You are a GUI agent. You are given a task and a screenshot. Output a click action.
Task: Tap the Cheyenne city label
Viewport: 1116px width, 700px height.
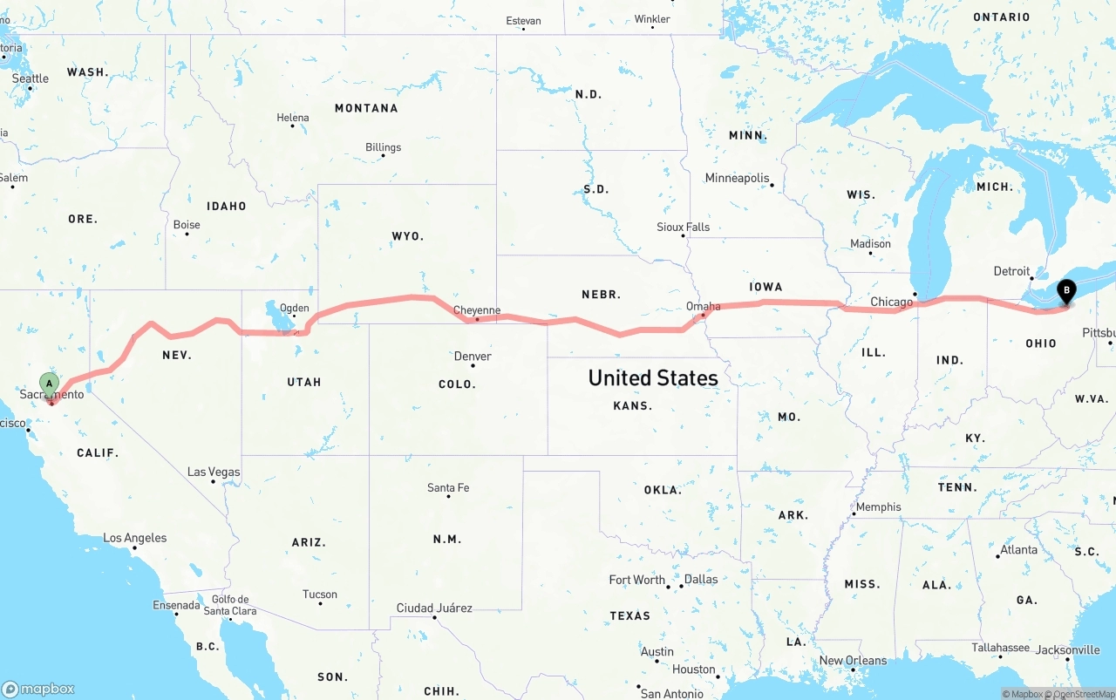(x=477, y=310)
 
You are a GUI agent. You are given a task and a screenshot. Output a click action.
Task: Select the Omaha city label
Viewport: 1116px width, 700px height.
(x=704, y=306)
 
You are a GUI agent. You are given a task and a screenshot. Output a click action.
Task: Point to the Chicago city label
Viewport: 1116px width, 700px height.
(x=891, y=302)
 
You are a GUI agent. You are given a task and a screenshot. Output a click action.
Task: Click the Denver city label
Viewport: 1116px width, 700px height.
(x=473, y=356)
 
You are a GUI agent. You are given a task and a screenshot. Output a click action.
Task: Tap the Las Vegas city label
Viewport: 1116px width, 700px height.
(x=214, y=472)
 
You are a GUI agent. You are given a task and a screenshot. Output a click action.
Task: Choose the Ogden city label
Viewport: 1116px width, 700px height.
(x=294, y=308)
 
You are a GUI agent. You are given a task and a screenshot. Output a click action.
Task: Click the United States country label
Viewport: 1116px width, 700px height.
(x=653, y=377)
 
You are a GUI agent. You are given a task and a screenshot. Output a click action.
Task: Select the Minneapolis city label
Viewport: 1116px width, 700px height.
(x=738, y=178)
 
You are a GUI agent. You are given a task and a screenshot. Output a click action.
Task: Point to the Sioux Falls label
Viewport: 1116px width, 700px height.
(x=684, y=227)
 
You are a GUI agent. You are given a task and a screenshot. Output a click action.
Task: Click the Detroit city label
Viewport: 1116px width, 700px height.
(x=1011, y=271)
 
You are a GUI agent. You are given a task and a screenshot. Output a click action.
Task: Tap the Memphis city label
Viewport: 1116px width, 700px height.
(x=879, y=506)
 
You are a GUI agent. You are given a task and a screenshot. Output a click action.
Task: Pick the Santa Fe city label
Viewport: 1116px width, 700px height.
(x=448, y=487)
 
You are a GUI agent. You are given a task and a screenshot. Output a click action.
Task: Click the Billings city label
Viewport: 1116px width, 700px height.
(x=384, y=147)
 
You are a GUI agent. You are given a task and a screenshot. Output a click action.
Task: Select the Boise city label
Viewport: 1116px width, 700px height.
(x=187, y=224)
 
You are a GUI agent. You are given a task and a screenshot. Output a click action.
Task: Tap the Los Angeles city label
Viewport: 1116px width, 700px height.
(x=135, y=538)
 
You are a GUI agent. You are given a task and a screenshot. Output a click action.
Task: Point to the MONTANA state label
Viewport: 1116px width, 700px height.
(x=366, y=108)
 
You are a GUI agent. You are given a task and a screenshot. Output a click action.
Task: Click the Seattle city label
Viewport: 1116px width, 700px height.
(x=31, y=78)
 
